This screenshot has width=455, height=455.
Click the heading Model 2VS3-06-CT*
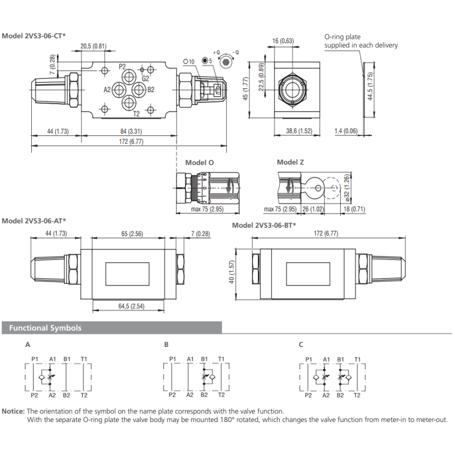pyautogui.click(x=34, y=36)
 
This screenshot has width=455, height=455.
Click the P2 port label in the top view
pyautogui.click(x=122, y=67)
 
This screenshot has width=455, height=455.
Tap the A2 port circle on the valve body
pyautogui.click(x=119, y=90)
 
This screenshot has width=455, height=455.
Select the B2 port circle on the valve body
pyautogui.click(x=139, y=90)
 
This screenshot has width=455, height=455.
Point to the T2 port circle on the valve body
pyautogui.click(x=129, y=103)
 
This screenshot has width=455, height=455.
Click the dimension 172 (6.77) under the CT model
pyautogui.click(x=131, y=142)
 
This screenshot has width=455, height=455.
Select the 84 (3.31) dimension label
pyautogui.click(x=131, y=131)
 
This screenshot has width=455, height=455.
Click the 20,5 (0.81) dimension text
pyautogui.click(x=93, y=46)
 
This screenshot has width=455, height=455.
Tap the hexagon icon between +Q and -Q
pyautogui.click(x=225, y=61)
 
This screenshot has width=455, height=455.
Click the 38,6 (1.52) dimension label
pyautogui.click(x=299, y=131)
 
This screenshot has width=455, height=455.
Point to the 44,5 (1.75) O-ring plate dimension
pyautogui.click(x=370, y=86)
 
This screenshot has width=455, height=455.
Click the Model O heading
pyautogui.click(x=200, y=163)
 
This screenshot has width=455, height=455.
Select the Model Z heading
pyautogui.click(x=291, y=162)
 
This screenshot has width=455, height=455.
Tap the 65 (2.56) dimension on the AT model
pyautogui.click(x=133, y=234)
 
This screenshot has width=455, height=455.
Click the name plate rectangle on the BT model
pyautogui.click(x=308, y=274)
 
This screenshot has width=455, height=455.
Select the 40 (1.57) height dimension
pyautogui.click(x=231, y=272)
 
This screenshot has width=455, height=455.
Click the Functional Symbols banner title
pyautogui.click(x=45, y=328)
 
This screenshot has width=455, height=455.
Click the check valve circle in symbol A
pyautogui.click(x=42, y=377)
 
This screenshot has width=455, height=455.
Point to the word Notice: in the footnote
pyautogui.click(x=13, y=411)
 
